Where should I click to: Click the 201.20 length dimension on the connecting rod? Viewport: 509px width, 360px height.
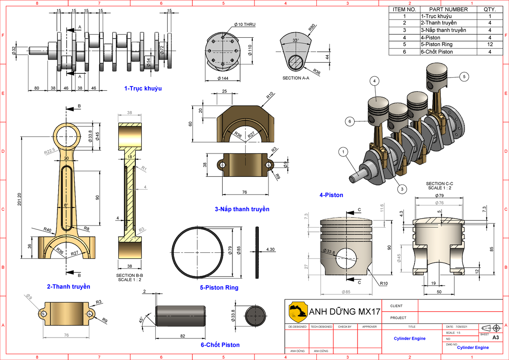[x=19, y=201]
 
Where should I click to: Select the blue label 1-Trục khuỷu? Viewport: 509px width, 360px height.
[x=143, y=89]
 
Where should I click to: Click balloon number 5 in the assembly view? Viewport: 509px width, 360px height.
[x=464, y=77]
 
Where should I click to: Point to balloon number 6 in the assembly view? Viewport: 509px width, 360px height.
[x=350, y=121]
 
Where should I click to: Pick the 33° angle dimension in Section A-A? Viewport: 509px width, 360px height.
[x=296, y=41]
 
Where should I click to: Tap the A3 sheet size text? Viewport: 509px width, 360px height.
[x=495, y=338]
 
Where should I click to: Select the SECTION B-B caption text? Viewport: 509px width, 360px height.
[x=129, y=276]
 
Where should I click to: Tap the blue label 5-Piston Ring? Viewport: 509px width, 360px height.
[x=219, y=287]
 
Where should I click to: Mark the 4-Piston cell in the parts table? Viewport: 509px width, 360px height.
[x=430, y=37]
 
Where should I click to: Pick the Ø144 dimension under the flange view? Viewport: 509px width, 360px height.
[x=222, y=79]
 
